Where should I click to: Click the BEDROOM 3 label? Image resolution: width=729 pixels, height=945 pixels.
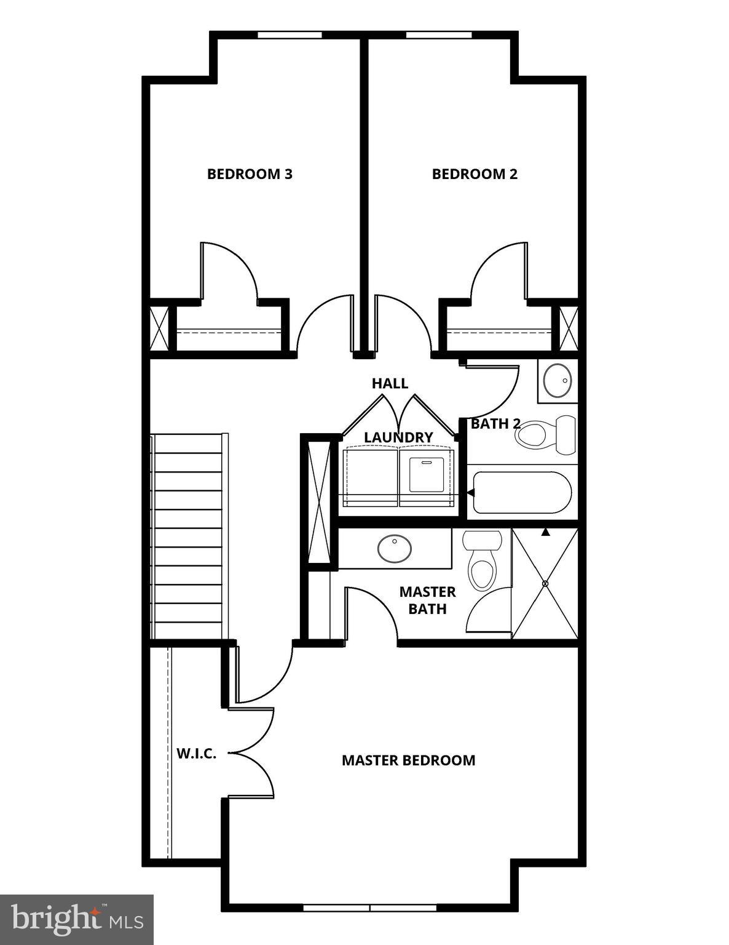pyautogui.click(x=250, y=174)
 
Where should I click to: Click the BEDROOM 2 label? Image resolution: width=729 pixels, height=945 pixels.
pyautogui.click(x=475, y=174)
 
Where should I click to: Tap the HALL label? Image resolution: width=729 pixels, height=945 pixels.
pyautogui.click(x=390, y=383)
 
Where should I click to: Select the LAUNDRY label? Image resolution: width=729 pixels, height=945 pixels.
pyautogui.click(x=398, y=437)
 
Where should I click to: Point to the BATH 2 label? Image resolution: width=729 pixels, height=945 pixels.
pyautogui.click(x=495, y=424)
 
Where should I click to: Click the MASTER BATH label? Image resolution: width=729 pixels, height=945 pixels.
pyautogui.click(x=427, y=600)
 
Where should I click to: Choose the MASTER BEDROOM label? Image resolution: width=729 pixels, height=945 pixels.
pyautogui.click(x=408, y=760)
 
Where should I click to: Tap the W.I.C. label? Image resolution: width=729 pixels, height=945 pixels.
pyautogui.click(x=197, y=754)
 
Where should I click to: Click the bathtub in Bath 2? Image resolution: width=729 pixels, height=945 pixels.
pyautogui.click(x=522, y=492)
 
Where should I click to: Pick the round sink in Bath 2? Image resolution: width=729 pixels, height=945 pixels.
pyautogui.click(x=559, y=381)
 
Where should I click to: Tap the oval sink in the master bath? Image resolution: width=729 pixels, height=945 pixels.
pyautogui.click(x=395, y=549)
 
